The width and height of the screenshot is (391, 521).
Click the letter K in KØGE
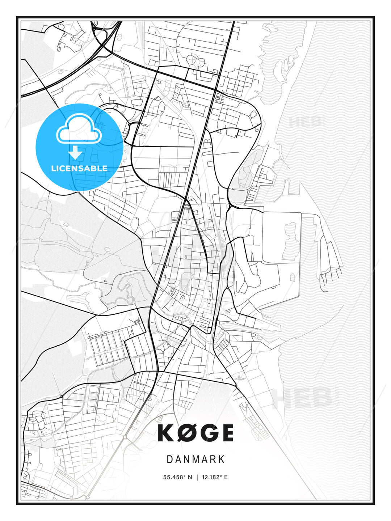168,433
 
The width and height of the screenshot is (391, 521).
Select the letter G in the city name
208,433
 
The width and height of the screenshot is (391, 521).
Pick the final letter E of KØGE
227,433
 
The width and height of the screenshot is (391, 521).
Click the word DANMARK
195,459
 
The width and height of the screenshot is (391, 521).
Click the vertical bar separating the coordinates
197,477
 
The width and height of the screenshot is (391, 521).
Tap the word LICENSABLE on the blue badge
79,168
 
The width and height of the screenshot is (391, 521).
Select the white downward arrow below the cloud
75,153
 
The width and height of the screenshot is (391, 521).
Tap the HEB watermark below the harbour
302,398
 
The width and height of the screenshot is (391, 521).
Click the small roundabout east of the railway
227,288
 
